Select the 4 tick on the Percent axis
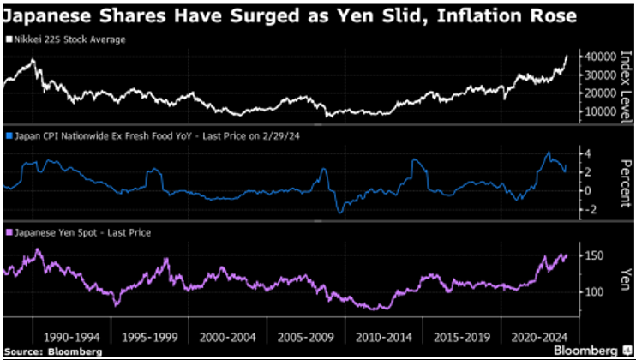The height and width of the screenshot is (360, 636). click(590, 153)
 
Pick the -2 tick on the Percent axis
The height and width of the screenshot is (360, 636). click(588, 210)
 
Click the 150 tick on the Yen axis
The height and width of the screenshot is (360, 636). click(594, 255)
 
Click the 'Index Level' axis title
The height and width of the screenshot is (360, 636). click(623, 82)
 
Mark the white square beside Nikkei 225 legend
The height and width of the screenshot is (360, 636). click(8, 39)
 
